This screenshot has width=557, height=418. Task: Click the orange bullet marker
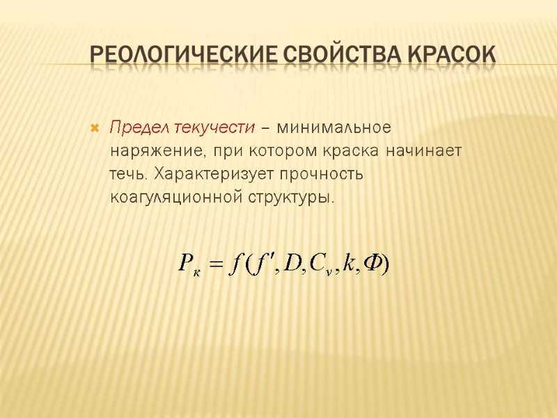click(x=95, y=129)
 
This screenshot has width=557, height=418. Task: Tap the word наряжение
click(x=157, y=151)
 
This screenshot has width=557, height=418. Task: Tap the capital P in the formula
click(x=185, y=264)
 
